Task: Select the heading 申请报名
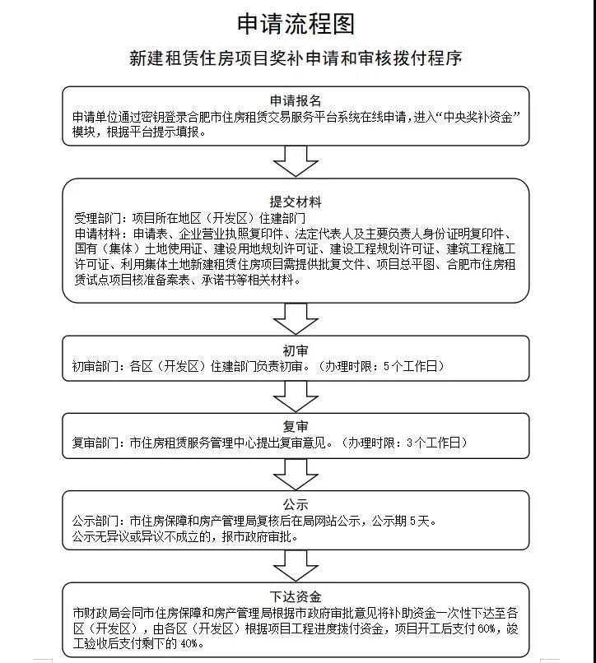pos(296,101)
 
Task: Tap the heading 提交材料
pos(296,202)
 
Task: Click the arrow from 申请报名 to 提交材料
pos(296,161)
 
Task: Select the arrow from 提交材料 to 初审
pos(296,318)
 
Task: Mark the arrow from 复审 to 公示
pos(296,473)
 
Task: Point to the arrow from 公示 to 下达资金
pos(296,565)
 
